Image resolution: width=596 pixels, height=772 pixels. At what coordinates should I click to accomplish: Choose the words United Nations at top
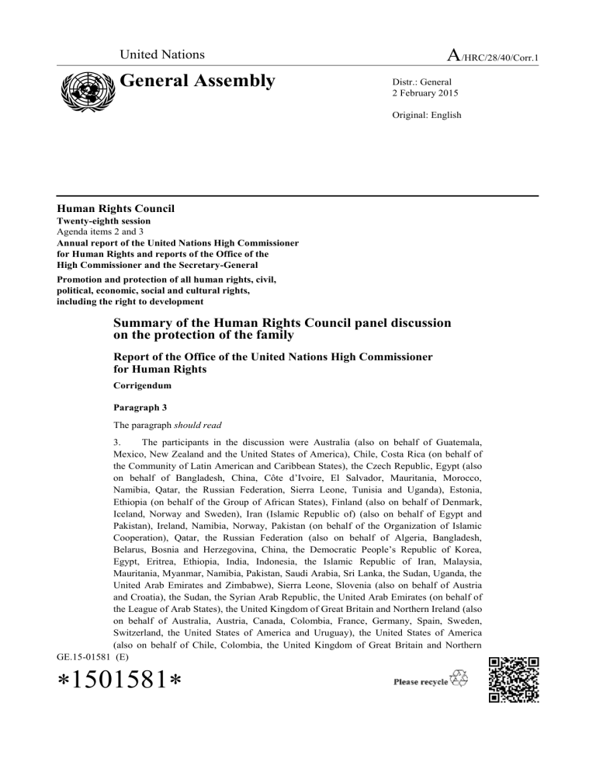[161, 54]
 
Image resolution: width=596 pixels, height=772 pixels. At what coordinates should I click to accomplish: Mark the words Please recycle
[421, 682]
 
